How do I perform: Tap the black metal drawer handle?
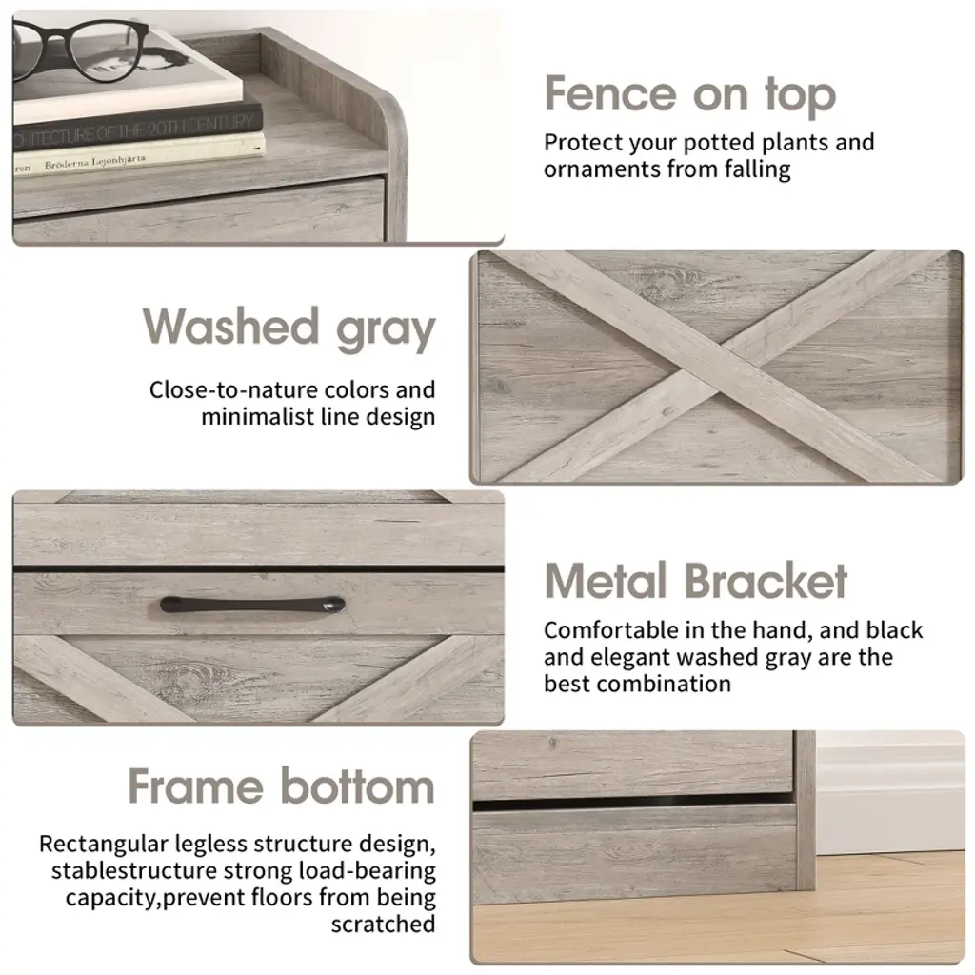pos(252,605)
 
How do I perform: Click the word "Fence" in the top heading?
pos(610,94)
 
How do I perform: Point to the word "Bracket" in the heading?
pos(766,581)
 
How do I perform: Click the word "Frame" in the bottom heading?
pos(196,786)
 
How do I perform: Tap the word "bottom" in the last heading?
pos(358,786)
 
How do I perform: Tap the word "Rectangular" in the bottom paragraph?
pos(104,845)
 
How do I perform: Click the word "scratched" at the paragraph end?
pos(383,925)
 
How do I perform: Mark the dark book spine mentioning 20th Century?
pos(137,128)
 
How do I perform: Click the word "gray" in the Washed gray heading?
pos(386,329)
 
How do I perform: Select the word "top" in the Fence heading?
pos(800,96)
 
